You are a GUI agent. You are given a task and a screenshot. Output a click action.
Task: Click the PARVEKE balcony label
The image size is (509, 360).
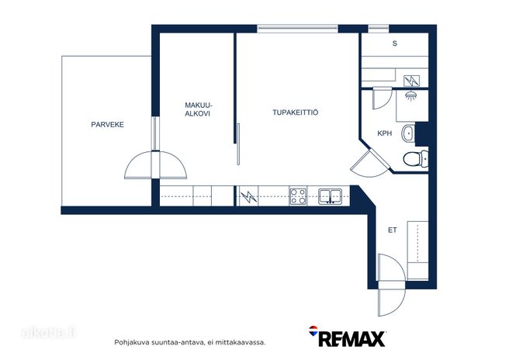107,125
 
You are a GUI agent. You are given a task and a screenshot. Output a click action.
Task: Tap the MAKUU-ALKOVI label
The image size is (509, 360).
199,109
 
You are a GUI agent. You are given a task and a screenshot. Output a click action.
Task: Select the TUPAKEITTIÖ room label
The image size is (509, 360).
295,112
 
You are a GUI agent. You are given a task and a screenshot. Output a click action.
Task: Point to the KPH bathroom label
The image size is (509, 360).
385,133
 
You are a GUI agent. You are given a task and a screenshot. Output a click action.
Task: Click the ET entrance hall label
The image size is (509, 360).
393,230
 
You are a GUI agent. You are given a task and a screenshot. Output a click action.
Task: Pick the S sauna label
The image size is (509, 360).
395,43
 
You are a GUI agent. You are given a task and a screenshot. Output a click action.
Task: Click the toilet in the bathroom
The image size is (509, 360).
415,159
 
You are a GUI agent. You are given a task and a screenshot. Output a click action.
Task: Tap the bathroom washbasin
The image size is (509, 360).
408,133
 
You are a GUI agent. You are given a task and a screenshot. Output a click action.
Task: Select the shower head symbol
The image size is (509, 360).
411,95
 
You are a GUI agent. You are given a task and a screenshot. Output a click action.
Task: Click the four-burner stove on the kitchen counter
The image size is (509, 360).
298,196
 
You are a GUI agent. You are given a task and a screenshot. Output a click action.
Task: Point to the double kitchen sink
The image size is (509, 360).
330,196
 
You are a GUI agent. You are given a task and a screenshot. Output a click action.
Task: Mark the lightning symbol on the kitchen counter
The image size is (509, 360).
248,196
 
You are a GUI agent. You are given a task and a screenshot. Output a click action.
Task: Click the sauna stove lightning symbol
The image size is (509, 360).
411,81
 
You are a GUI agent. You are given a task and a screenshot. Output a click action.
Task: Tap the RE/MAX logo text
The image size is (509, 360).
352,339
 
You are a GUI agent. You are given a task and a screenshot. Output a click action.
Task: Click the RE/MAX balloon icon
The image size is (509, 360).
313,331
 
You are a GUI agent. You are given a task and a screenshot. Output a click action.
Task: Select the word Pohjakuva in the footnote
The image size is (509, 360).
127,342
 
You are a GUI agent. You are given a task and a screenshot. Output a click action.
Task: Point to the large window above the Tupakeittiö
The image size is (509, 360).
298,29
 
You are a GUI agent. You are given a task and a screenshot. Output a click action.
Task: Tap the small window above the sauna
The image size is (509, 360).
379,29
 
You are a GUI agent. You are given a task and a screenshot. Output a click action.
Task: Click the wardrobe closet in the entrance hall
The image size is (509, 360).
417,251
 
